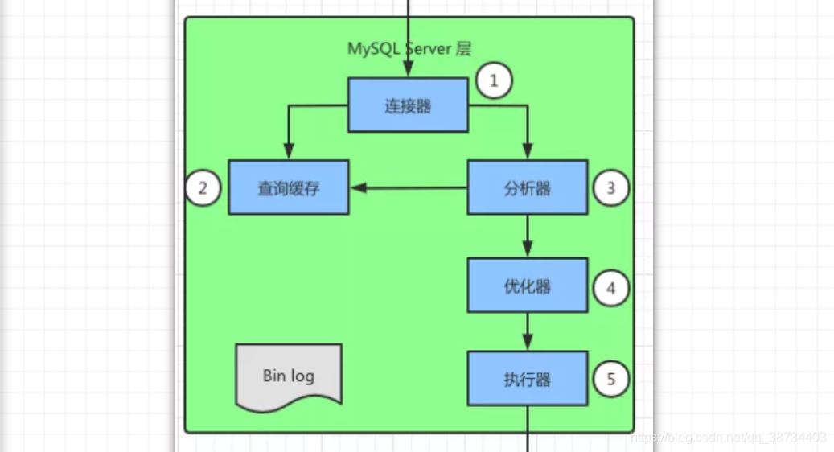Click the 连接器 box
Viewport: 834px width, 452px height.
pyautogui.click(x=408, y=105)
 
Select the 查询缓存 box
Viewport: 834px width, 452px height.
pyautogui.click(x=288, y=187)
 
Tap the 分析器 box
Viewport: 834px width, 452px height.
pyautogui.click(x=527, y=187)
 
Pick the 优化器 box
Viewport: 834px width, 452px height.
pyautogui.click(x=527, y=286)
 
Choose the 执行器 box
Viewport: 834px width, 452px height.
pyautogui.click(x=527, y=378)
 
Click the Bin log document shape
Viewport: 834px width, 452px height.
pyautogui.click(x=288, y=375)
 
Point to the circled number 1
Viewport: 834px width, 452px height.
pyautogui.click(x=494, y=80)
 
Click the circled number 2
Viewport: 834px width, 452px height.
pyautogui.click(x=203, y=188)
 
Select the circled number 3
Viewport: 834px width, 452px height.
pyautogui.click(x=611, y=188)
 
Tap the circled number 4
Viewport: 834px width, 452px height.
pyautogui.click(x=611, y=287)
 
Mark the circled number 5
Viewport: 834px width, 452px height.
pyautogui.click(x=611, y=379)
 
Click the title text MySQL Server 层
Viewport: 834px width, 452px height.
pyautogui.click(x=409, y=48)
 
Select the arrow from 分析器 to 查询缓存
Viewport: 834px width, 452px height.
pyautogui.click(x=410, y=187)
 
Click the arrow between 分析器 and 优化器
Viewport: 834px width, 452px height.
pyautogui.click(x=528, y=236)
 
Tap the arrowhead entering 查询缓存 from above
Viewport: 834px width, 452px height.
pyautogui.click(x=288, y=152)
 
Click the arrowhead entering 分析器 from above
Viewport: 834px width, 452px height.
pyautogui.click(x=528, y=152)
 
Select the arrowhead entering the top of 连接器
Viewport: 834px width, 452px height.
pyautogui.click(x=409, y=71)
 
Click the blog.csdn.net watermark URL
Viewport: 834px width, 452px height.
pyautogui.click(x=728, y=438)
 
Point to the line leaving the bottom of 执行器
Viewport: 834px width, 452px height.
pyautogui.click(x=528, y=426)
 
